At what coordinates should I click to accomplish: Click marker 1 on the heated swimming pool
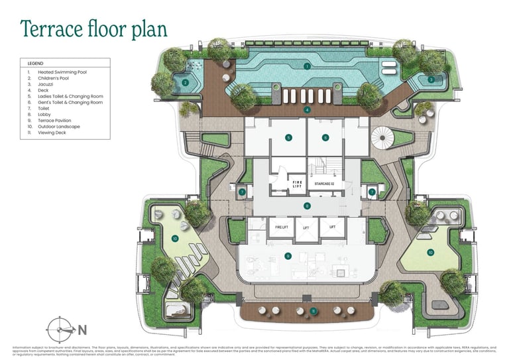[x=307, y=66]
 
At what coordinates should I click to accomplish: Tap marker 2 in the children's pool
[x=186, y=83]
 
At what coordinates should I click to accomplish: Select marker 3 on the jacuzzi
[x=431, y=80]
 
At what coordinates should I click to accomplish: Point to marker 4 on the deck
[x=307, y=109]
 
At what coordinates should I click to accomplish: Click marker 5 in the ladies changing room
[x=288, y=138]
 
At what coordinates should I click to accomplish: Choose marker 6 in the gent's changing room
[x=325, y=138]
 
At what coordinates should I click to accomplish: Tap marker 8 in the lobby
[x=307, y=206]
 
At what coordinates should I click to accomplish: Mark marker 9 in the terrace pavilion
[x=288, y=255]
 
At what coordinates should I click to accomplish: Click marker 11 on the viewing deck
[x=313, y=311]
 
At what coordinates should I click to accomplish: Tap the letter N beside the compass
[x=82, y=330]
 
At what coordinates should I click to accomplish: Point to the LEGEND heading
[x=36, y=63]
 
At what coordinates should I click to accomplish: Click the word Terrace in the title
[x=52, y=29]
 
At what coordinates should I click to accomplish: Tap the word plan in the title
[x=146, y=30]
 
